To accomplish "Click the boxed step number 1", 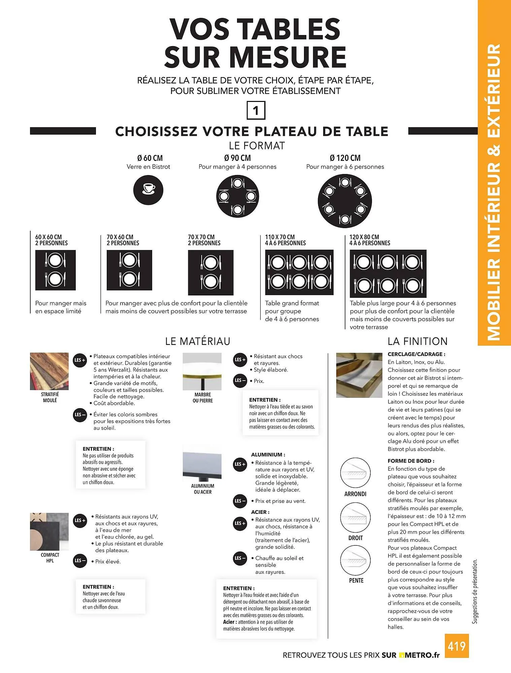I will (x=256, y=111).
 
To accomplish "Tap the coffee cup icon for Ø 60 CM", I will (x=148, y=190).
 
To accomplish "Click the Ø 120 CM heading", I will (x=345, y=158).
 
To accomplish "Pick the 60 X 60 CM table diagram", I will (x=56, y=270).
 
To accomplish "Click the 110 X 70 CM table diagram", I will (x=299, y=272).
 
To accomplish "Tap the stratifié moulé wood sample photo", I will (x=49, y=371).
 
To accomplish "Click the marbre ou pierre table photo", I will (x=202, y=371).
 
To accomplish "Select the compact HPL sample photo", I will (x=49, y=531).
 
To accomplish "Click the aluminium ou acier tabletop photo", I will (x=202, y=463).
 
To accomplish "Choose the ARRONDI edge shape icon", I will (x=355, y=473).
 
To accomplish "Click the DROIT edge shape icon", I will (x=355, y=518).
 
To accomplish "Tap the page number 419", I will (x=456, y=646).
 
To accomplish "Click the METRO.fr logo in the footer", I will (x=419, y=655).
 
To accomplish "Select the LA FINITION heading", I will (x=417, y=341).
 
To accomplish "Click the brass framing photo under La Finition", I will (x=359, y=375).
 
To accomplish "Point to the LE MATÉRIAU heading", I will (x=198, y=341).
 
